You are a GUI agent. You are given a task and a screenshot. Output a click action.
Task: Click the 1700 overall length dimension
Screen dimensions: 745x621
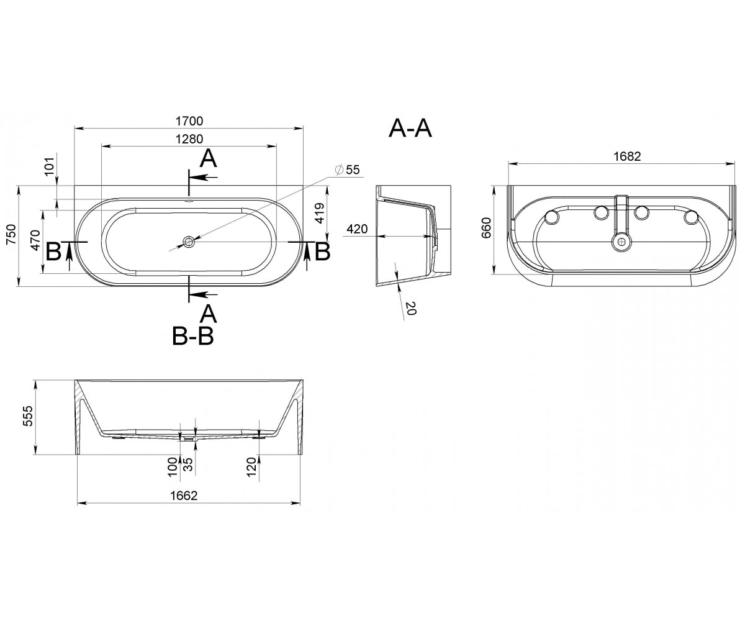189,121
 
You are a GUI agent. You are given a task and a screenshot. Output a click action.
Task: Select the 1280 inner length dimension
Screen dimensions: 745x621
189,139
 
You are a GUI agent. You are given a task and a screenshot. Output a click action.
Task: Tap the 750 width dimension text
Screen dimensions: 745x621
12,234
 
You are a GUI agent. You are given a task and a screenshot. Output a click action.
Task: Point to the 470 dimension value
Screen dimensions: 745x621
35,240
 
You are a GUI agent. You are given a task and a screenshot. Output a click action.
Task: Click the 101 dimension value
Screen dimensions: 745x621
50,166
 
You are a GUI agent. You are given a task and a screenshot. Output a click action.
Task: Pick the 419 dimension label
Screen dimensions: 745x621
320,213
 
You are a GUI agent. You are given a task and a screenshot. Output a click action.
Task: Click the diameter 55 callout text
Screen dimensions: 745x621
348,170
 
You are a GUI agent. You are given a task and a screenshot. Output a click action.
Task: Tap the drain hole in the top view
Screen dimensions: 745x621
188,242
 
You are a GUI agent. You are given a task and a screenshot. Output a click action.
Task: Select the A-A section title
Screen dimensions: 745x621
410,129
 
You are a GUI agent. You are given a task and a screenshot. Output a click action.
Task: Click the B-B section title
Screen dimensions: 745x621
192,336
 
